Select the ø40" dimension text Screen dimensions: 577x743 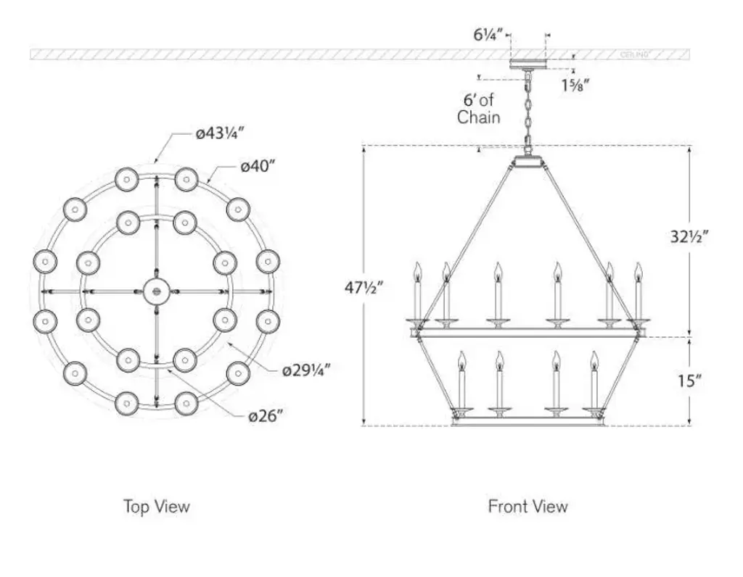click(x=258, y=167)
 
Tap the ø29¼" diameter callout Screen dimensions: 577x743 click(x=306, y=369)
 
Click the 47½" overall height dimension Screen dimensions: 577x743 click(x=364, y=288)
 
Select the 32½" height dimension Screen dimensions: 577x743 click(x=688, y=236)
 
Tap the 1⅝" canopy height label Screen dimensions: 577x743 click(x=575, y=85)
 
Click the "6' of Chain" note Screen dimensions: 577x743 click(x=479, y=108)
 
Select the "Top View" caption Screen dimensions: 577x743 click(x=156, y=506)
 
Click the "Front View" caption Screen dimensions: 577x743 click(x=528, y=506)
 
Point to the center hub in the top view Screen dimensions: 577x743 click(x=156, y=291)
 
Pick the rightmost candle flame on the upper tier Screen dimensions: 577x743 click(x=639, y=271)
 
